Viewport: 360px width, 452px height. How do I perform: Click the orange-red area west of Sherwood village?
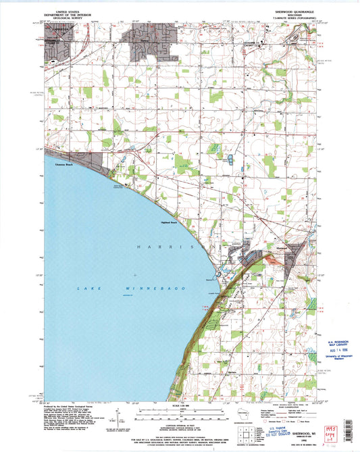[247, 256]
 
